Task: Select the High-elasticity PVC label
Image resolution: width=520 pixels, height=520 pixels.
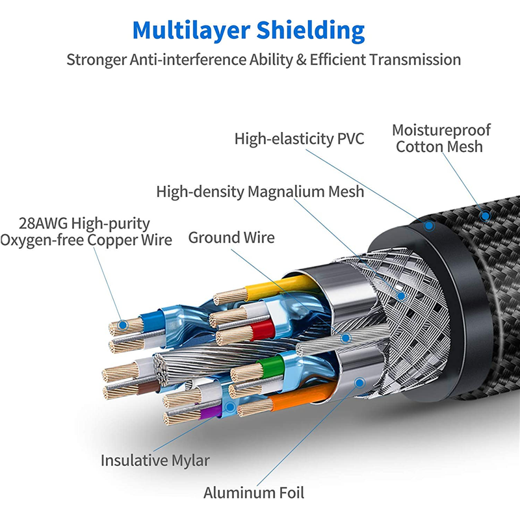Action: click(300, 138)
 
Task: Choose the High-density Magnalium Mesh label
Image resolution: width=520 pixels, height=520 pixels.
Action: click(260, 192)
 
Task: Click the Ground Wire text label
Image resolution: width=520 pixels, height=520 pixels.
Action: click(231, 237)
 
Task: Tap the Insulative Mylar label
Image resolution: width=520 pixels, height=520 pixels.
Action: click(155, 461)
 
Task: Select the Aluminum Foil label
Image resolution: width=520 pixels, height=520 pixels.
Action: click(253, 493)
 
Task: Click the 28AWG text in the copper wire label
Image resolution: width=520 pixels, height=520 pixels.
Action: click(44, 224)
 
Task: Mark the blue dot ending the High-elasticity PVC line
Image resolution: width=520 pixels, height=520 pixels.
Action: click(429, 226)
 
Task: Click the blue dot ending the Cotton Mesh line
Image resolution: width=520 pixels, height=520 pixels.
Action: click(484, 214)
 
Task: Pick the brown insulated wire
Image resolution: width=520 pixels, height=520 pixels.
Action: click(146, 389)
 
